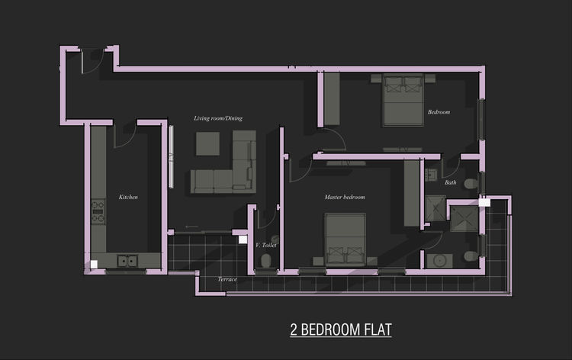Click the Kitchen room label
click(x=128, y=197)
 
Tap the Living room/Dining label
click(x=218, y=118)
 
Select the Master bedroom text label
click(x=345, y=197)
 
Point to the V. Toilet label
click(x=266, y=245)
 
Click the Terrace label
click(x=227, y=279)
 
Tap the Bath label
click(x=451, y=182)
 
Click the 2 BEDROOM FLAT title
click(x=341, y=329)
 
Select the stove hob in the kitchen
click(x=98, y=211)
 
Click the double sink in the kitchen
click(x=127, y=261)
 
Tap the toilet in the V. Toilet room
click(x=266, y=260)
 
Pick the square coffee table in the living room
click(x=208, y=143)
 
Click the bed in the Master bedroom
click(x=345, y=239)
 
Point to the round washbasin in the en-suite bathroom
click(x=440, y=261)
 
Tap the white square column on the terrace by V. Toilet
click(x=243, y=239)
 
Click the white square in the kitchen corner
click(x=94, y=265)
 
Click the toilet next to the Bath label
click(x=471, y=184)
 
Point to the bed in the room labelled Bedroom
click(x=403, y=100)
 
